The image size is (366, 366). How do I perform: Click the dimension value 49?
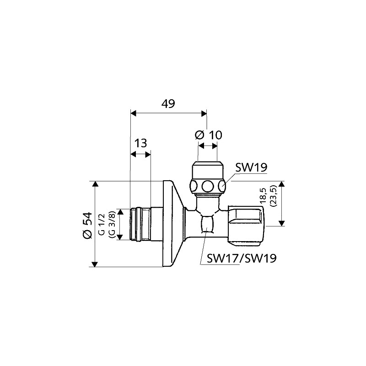point(168,103)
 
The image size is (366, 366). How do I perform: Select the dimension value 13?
point(141,143)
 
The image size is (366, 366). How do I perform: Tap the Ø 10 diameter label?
point(209,135)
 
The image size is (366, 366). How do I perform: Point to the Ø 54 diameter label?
point(87,225)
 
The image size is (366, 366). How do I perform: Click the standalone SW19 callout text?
point(251,167)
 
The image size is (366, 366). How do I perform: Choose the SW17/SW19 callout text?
point(242,258)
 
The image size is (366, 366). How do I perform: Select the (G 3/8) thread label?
point(111,224)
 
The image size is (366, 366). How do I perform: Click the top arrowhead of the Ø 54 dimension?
point(95,184)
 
